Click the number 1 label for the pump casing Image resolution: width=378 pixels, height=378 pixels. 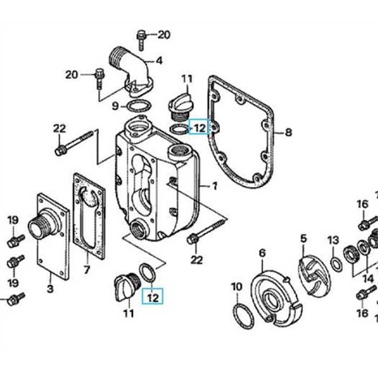(x=216, y=187)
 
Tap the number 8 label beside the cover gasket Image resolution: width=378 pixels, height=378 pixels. (x=289, y=133)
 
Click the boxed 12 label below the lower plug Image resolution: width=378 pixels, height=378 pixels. (x=154, y=298)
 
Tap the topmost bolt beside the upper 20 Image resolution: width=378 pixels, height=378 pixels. (x=141, y=35)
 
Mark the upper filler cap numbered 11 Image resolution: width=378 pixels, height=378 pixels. (x=179, y=103)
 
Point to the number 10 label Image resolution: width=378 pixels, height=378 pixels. (x=236, y=286)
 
